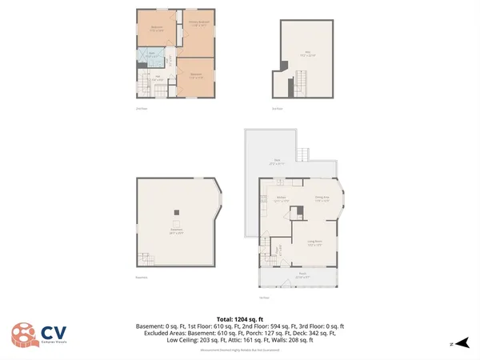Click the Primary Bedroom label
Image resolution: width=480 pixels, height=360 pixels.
click(198, 23)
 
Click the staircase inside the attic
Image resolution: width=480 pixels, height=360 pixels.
click(302, 79)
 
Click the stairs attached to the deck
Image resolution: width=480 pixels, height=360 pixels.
click(302, 154)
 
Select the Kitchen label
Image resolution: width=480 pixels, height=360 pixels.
click(282, 198)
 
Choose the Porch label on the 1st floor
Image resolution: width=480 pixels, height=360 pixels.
click(302, 276)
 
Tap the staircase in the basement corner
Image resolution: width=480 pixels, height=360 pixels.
click(146, 258)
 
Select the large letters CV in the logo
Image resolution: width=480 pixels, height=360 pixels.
click(54, 330)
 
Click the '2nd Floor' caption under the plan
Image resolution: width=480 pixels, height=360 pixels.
click(141, 108)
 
